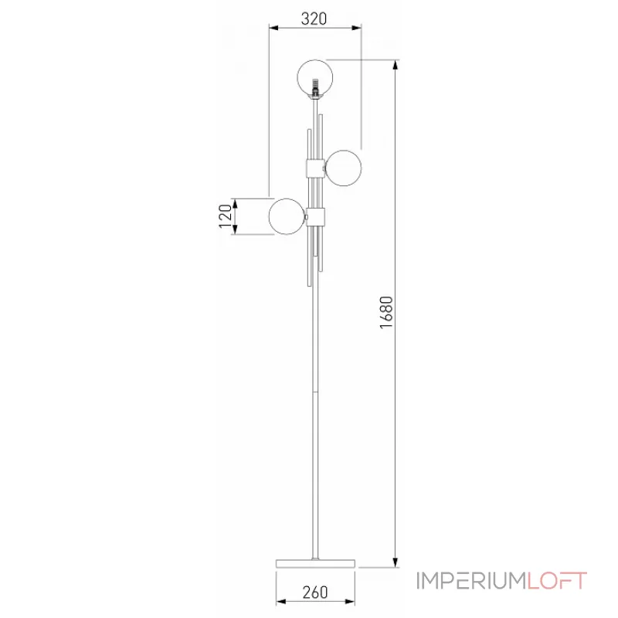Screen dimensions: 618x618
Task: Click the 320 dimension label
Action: pos(314,19)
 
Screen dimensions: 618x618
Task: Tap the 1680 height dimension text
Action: pos(387,313)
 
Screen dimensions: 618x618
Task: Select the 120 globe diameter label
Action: pos(226,216)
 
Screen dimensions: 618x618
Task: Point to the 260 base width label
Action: pos(315,592)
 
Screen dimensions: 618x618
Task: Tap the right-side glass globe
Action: pos(343,168)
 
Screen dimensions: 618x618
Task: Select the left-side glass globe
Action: pos(287,216)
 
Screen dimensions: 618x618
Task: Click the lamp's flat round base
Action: pos(315,563)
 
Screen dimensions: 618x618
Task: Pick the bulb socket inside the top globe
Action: pos(315,87)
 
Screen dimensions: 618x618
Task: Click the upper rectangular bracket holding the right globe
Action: pos(315,168)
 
